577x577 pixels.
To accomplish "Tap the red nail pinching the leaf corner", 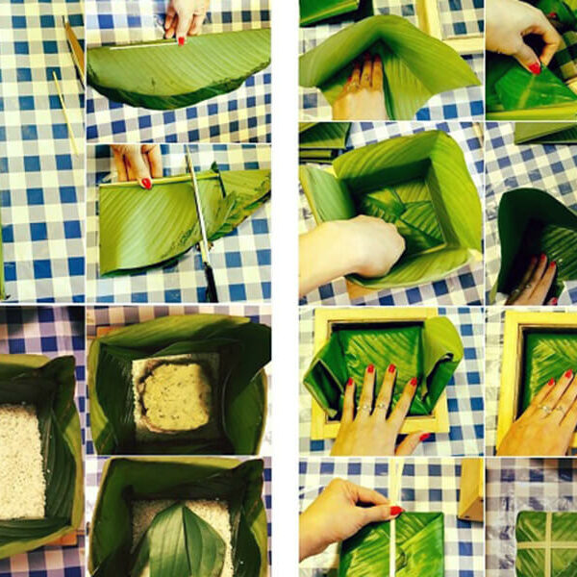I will click(534, 67).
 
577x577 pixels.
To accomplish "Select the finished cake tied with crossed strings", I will click(546, 543).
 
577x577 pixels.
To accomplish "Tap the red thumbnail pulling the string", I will click(395, 511).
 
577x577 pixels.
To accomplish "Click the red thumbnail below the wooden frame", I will click(424, 438).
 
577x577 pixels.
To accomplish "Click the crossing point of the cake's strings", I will click(548, 540).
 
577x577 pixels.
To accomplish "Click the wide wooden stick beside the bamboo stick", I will click(75, 48).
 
